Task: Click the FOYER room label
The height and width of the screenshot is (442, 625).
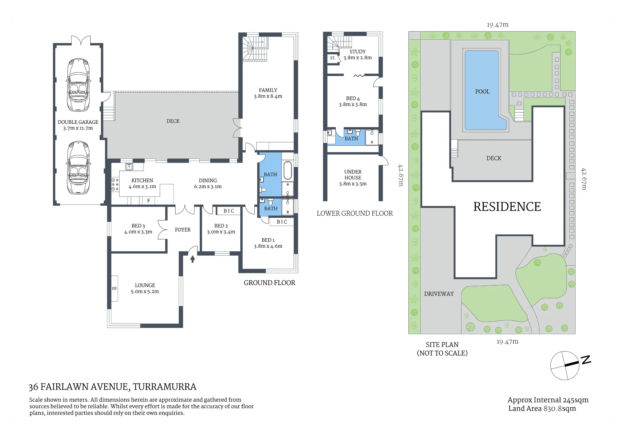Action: pos(182,230)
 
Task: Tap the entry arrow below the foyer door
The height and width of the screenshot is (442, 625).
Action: pos(192,259)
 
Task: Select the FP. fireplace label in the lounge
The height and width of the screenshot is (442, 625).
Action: pos(115,289)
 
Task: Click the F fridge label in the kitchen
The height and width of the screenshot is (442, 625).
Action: pos(149,201)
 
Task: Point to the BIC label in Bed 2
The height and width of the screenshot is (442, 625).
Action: pos(229,211)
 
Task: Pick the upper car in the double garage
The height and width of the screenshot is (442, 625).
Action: pos(78,85)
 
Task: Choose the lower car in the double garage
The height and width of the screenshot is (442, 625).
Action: pos(78,168)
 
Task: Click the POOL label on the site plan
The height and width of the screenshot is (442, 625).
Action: pos(482,92)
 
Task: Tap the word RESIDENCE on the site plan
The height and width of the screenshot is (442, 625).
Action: pos(507,207)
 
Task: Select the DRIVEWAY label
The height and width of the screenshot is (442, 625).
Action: pos(439,294)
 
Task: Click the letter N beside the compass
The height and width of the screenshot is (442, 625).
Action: pos(586,359)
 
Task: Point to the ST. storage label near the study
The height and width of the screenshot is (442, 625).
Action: pos(332,58)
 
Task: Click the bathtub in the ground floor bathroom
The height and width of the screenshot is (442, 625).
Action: pos(287,170)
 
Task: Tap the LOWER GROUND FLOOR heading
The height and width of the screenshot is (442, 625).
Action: pos(355,213)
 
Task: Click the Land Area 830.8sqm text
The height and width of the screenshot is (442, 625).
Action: pos(542,409)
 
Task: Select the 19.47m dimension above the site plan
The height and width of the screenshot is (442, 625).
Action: pos(497,25)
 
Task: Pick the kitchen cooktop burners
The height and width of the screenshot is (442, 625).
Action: pos(115,184)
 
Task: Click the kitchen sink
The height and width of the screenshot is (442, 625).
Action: pos(129,167)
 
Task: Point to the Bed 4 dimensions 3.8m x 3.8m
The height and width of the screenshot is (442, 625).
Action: pos(353,104)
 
